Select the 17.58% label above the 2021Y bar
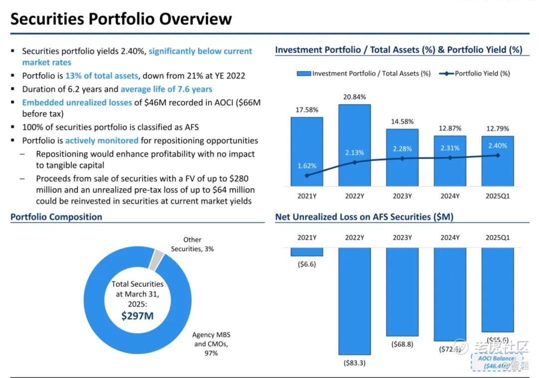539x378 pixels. click(306, 110)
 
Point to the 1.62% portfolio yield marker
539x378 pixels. click(306, 175)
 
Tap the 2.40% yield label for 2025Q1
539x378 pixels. click(497, 146)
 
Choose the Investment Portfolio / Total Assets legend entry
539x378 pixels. click(364, 73)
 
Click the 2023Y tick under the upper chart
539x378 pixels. click(402, 196)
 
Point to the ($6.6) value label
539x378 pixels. click(306, 264)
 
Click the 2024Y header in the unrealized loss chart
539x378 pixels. click(450, 237)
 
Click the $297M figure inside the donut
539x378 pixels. click(137, 315)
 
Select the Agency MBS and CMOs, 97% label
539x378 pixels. click(211, 344)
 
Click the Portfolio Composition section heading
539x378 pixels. click(56, 217)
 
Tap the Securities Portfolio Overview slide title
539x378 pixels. click(121, 19)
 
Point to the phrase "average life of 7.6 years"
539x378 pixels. click(166, 89)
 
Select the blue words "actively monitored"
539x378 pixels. click(102, 141)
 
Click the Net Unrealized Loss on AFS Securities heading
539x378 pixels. click(364, 217)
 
